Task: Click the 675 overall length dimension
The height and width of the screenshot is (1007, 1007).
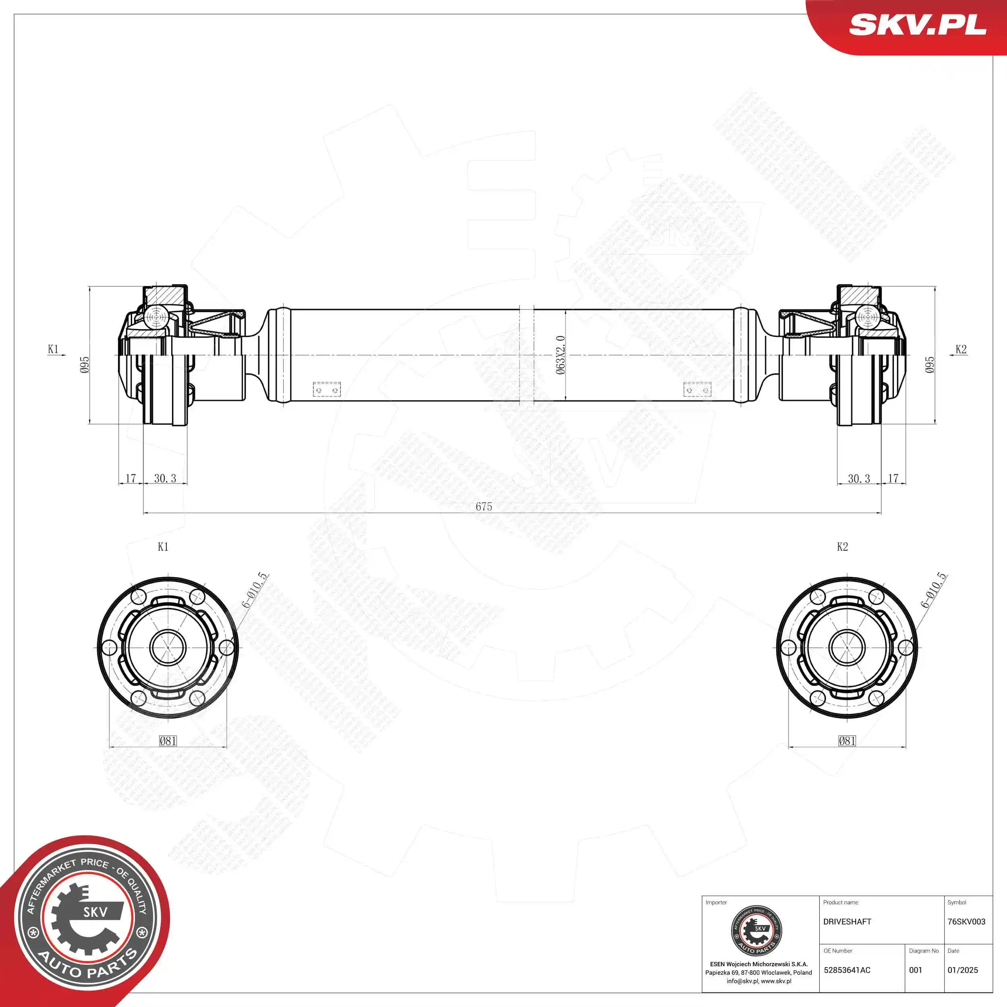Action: tap(483, 506)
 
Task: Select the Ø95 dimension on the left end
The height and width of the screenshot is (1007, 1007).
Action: tap(85, 365)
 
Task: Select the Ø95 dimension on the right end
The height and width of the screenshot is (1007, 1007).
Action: tap(929, 365)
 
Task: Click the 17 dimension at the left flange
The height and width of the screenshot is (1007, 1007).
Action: tap(131, 478)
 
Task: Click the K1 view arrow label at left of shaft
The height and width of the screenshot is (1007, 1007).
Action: tap(53, 349)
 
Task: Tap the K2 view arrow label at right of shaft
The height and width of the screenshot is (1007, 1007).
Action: tap(961, 349)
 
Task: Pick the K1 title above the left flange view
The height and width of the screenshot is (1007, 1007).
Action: tap(163, 546)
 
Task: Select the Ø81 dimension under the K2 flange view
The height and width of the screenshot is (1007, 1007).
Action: tap(847, 741)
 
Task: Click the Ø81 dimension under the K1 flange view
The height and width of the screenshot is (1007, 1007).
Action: tap(168, 741)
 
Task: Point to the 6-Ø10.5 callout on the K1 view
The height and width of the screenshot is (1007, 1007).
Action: tap(255, 590)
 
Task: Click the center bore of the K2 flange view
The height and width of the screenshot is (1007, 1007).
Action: tap(847, 648)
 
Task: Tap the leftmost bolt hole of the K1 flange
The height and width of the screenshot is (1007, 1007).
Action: tap(109, 648)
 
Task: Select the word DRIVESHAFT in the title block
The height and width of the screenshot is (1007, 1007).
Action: tap(847, 922)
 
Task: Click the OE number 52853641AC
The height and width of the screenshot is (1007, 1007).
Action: tap(847, 970)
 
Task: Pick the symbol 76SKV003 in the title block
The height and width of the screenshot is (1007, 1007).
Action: tap(966, 922)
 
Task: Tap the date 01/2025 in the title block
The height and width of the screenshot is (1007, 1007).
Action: tap(962, 970)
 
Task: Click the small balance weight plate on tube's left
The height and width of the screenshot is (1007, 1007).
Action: tap(327, 390)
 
